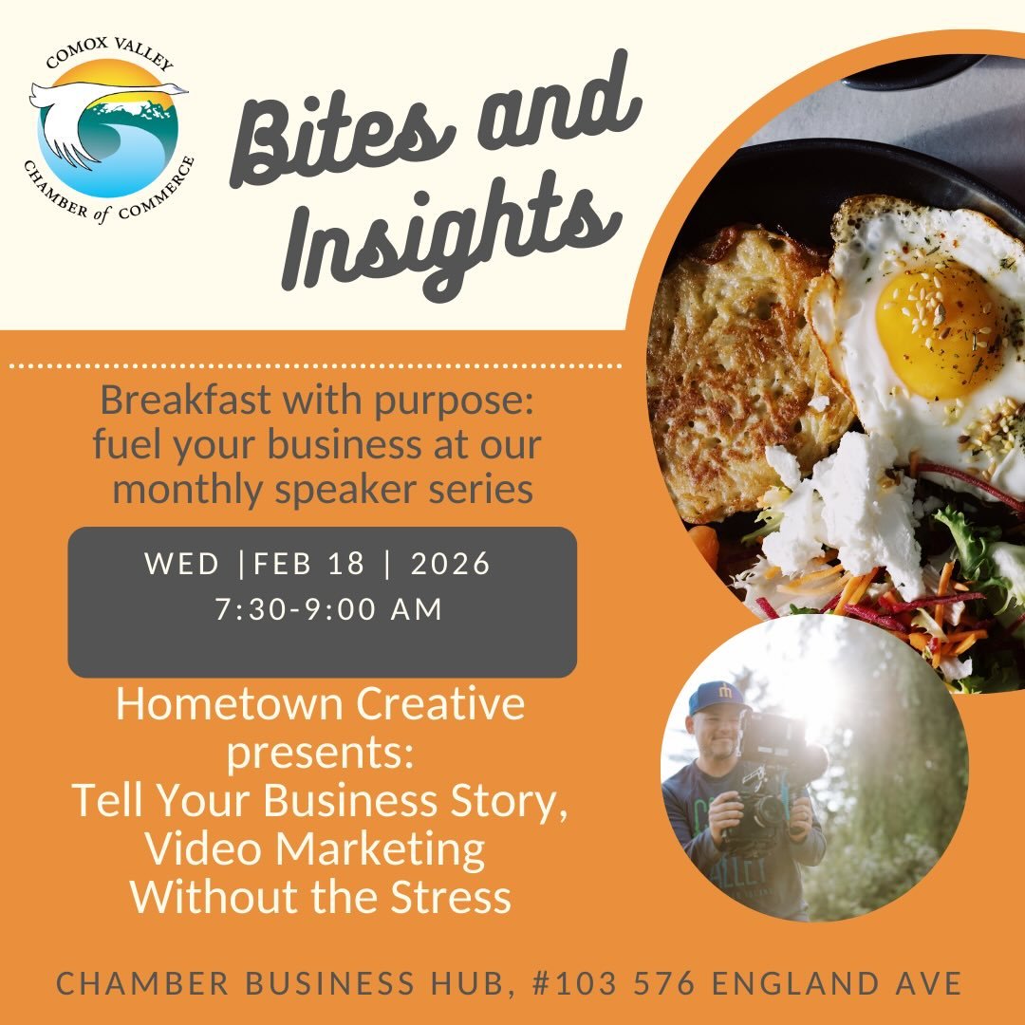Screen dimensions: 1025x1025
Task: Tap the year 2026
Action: (x=451, y=564)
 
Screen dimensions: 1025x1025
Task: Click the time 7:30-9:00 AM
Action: (x=328, y=608)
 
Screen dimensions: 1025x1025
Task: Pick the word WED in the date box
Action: (x=182, y=564)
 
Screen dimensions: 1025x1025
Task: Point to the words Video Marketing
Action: (x=314, y=849)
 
